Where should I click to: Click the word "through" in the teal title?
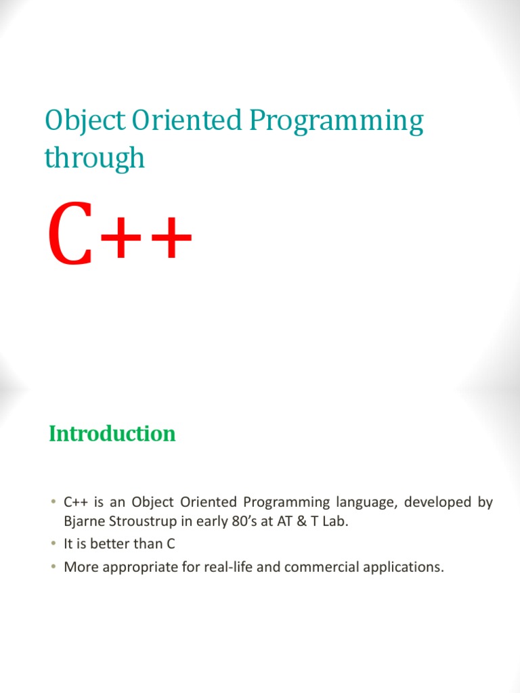[x=95, y=158]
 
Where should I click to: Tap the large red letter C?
[x=70, y=240]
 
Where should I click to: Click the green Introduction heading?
[x=112, y=434]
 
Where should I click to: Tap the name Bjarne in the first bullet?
[x=82, y=522]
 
